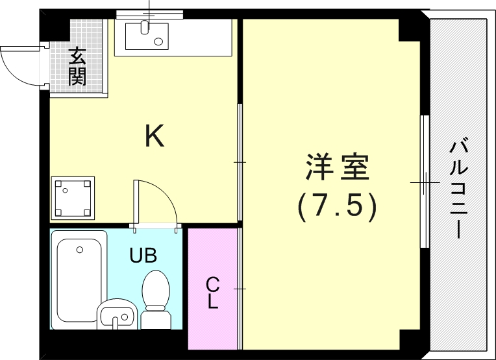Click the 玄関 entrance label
click(x=77, y=67)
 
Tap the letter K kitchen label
click(x=154, y=136)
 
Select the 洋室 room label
click(x=337, y=167)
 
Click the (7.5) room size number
click(x=337, y=206)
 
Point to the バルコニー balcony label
click(x=459, y=188)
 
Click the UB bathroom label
click(x=143, y=255)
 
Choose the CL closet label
click(x=213, y=293)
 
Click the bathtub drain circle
click(x=79, y=250)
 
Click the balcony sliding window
click(x=425, y=182)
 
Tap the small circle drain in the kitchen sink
click(x=158, y=42)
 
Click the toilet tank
click(x=155, y=317)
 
